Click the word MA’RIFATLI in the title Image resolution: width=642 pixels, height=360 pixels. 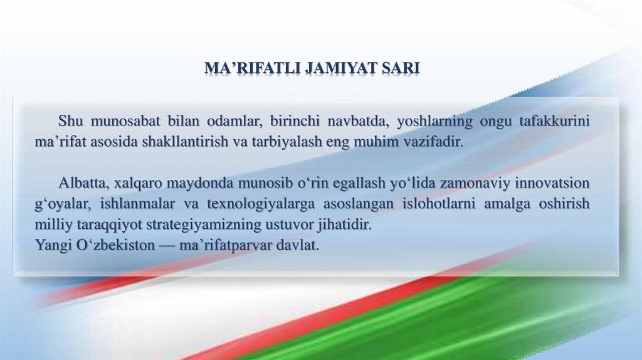(253, 68)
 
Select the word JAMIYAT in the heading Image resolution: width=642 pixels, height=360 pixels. (342, 68)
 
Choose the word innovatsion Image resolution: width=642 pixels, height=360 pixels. (552, 183)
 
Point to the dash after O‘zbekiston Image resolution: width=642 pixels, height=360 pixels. (167, 246)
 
